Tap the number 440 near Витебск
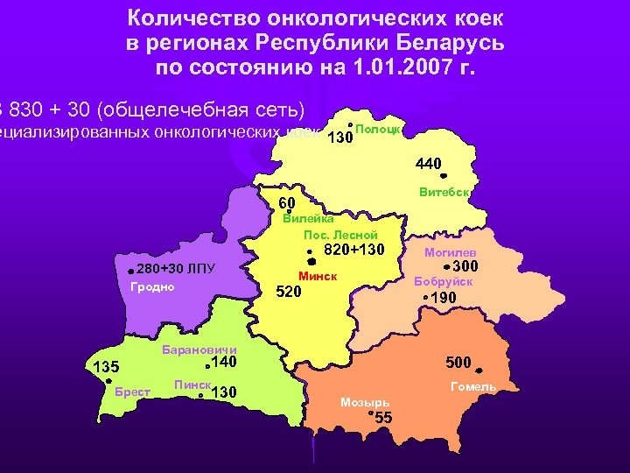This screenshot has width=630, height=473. coord(429,163)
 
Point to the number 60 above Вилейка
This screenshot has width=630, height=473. coord(286,204)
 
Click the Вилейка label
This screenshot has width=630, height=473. coord(302,219)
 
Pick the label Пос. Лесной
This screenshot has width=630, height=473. coord(340,235)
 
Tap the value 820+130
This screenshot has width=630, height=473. coord(354,251)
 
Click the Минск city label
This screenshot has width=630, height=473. coord(318,277)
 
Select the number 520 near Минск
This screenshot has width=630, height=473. coord(289,292)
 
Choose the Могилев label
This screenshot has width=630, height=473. coord(450,251)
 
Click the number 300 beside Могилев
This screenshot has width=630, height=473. coord(465,266)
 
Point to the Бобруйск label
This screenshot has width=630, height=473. coord(444,282)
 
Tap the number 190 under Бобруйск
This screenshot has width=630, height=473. coord(444,299)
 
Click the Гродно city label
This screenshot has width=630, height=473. coord(152,287)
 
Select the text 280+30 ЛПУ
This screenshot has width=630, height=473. coord(176,268)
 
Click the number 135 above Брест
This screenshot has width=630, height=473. coord(106,365)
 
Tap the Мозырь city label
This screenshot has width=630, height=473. coord(365,403)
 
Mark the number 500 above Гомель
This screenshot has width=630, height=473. coord(458,362)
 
